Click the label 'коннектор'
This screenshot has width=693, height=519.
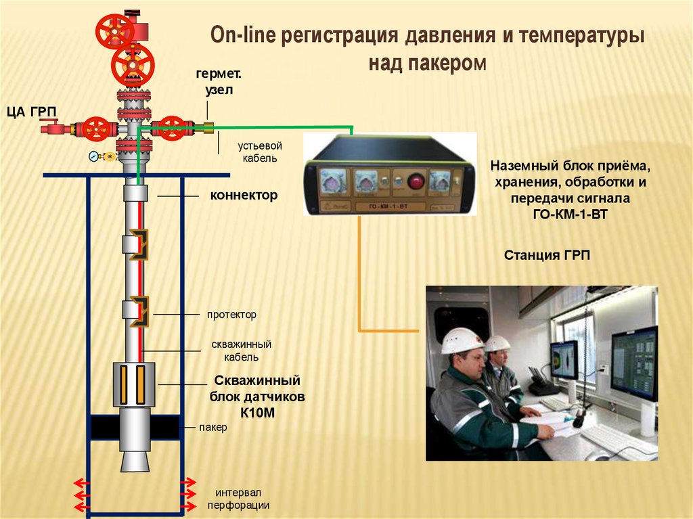(244, 196)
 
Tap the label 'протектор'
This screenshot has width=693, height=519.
(232, 315)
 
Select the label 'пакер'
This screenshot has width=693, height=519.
(213, 428)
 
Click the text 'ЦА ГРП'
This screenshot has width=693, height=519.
(32, 112)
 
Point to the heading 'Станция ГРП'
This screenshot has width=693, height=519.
(547, 255)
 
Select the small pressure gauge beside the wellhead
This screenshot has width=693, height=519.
(93, 156)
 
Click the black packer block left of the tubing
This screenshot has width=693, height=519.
(104, 427)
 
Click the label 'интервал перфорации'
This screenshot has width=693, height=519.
(238, 498)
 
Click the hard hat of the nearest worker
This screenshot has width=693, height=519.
(462, 340)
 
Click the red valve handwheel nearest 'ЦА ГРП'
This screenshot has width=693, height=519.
(95, 129)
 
